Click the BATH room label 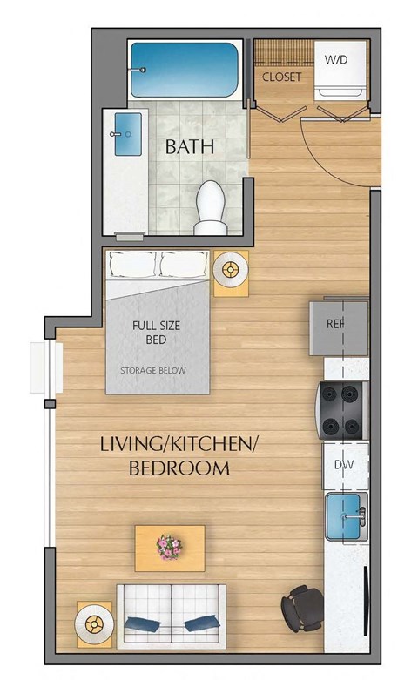[x=189, y=146]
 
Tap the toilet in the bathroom [x=209, y=207]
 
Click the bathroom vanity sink [x=127, y=134]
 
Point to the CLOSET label [x=281, y=77]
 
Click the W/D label [x=334, y=60]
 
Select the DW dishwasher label [x=343, y=465]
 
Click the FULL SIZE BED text [x=158, y=333]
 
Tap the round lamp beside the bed [x=231, y=272]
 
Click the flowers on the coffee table [x=169, y=547]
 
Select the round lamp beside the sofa [x=95, y=623]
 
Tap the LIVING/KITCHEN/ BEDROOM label [x=179, y=457]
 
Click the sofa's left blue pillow [x=141, y=623]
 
